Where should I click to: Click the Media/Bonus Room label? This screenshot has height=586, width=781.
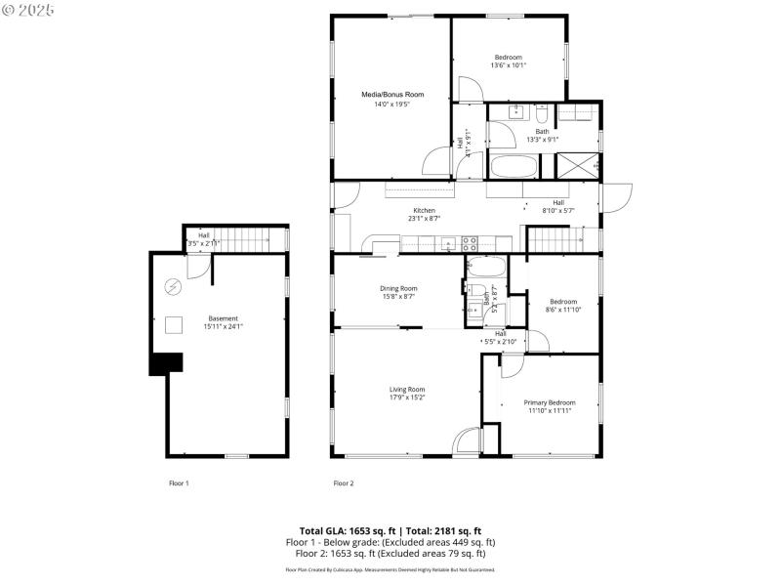click(392, 95)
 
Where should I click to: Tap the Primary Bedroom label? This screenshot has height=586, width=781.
click(549, 402)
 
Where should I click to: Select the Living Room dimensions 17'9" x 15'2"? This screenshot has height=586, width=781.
click(407, 398)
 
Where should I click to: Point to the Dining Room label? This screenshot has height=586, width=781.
click(398, 288)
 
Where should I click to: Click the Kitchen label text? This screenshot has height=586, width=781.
click(424, 211)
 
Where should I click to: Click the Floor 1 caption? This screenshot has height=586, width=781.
click(179, 483)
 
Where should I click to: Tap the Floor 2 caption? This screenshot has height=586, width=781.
click(344, 483)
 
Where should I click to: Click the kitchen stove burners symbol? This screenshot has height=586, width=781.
click(469, 242)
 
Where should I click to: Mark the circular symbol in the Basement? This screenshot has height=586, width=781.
click(174, 287)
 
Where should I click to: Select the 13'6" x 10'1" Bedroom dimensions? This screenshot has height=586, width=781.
click(510, 65)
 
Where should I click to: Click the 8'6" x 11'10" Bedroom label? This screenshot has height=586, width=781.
click(562, 302)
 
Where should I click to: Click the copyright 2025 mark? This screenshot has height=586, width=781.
click(28, 9)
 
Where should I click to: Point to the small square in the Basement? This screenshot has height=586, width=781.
click(176, 326)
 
